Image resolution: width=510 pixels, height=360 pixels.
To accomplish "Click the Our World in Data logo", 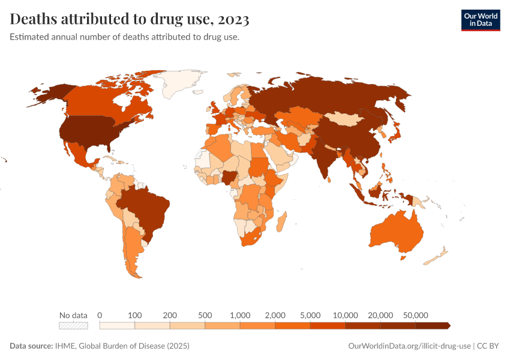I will (x=480, y=20).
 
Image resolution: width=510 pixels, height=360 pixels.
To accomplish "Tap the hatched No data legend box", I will (x=73, y=326).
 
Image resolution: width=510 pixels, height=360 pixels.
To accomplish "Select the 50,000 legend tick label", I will (x=415, y=315).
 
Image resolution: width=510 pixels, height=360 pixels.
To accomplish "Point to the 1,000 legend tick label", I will (x=239, y=315).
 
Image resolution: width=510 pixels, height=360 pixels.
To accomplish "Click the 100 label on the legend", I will (x=134, y=315).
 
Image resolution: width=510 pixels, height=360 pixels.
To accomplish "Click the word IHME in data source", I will (x=65, y=346).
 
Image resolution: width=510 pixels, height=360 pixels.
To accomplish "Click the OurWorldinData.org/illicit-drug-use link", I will (x=409, y=346).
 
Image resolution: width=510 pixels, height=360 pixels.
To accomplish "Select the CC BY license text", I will (x=489, y=346).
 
